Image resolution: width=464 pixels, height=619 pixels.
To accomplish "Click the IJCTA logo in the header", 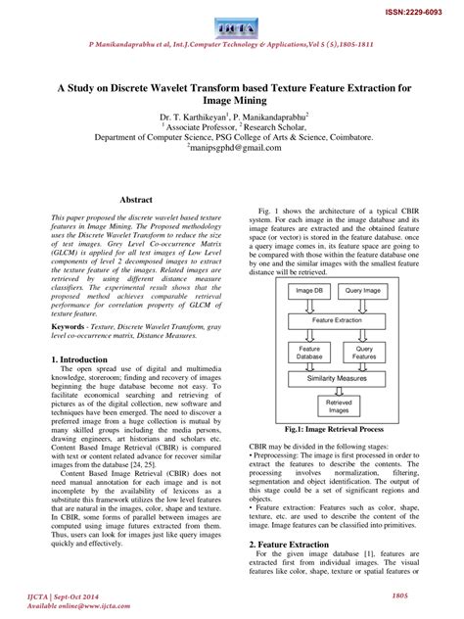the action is pyautogui.click(x=231, y=21).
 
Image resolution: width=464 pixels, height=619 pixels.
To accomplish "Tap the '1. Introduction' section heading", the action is pyautogui.click(x=78, y=359).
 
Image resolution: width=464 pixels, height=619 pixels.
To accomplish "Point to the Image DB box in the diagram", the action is pyautogui.click(x=310, y=290).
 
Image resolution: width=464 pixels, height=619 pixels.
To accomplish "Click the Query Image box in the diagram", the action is pyautogui.click(x=364, y=290).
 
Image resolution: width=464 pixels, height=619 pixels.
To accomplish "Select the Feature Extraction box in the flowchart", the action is pyautogui.click(x=337, y=319).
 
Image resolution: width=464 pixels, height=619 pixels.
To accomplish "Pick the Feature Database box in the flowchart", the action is pyautogui.click(x=310, y=352).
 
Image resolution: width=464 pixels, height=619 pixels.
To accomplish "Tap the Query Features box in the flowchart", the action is pyautogui.click(x=364, y=352).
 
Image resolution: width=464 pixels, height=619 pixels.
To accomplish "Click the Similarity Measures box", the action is pyautogui.click(x=337, y=378).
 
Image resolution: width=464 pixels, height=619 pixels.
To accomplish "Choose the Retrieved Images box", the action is pyautogui.click(x=339, y=406).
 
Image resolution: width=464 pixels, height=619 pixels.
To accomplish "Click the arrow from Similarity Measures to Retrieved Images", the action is pyautogui.click(x=337, y=390).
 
